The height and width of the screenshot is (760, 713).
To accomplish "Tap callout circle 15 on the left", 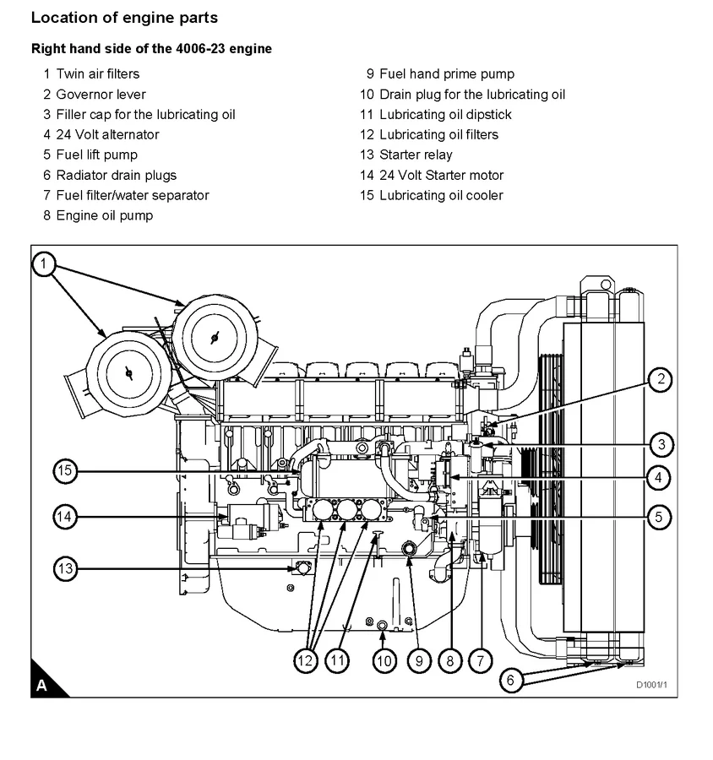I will [x=67, y=470].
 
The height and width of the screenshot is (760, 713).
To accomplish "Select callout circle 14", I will [x=67, y=517].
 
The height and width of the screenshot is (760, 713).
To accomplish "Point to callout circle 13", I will [x=67, y=568].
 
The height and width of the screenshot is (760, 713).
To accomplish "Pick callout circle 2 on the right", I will [x=661, y=380].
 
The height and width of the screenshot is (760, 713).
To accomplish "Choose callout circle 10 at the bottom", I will [x=384, y=660].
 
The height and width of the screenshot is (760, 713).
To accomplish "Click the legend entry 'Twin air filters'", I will [x=97, y=73].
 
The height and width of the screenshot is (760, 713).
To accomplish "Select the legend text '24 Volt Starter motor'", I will [x=441, y=175].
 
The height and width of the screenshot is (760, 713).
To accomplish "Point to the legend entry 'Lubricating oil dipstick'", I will [x=445, y=114].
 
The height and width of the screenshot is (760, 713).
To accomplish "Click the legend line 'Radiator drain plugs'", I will [x=116, y=175].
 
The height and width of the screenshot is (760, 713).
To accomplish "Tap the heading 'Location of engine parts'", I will [x=123, y=17].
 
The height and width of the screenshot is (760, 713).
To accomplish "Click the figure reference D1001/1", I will [x=651, y=684].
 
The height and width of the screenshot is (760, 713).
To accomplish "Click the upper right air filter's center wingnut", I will [x=214, y=337].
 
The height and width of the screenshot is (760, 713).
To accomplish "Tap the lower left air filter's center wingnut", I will [x=128, y=372].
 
